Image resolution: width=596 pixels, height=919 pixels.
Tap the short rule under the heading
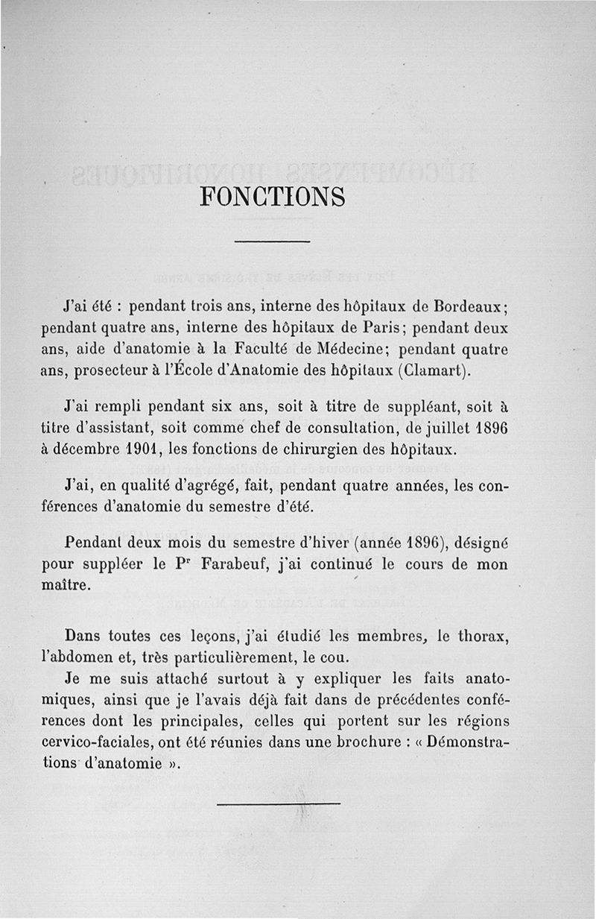pos(272,241)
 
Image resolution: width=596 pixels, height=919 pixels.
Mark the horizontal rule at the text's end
pos(279,803)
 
